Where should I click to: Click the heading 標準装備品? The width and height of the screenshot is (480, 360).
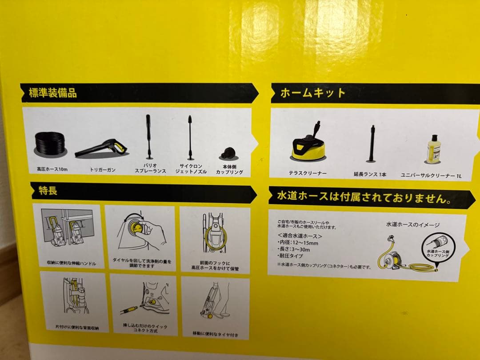point(53,93)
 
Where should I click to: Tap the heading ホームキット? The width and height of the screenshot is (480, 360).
point(313,93)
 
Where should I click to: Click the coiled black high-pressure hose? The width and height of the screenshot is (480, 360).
point(50,144)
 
